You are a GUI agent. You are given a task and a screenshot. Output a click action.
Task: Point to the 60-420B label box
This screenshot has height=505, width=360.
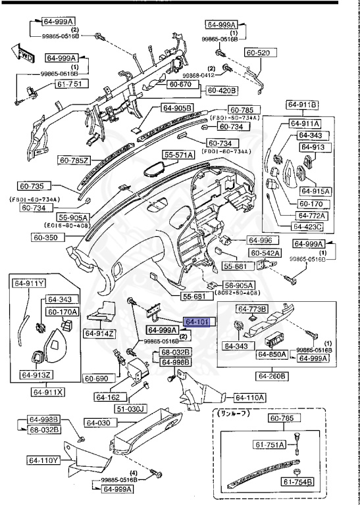coord(223,90)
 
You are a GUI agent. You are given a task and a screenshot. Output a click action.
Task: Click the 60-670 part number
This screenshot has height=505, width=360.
coord(179,84)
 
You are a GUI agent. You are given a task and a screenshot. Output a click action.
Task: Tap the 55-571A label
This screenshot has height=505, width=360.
coord(179,155)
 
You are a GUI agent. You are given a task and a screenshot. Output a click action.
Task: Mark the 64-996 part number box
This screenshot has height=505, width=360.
coord(259,240)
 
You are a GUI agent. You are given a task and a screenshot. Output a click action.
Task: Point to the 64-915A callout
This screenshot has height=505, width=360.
coord(315,191)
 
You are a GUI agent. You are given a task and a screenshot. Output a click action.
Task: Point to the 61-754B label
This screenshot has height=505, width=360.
coord(298,482)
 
